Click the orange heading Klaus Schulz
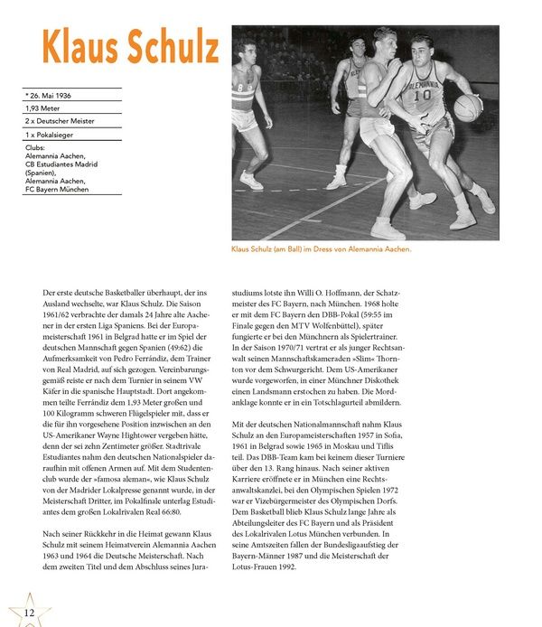click(x=130, y=46)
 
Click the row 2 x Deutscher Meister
click(x=60, y=121)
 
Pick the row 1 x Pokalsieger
click(x=51, y=135)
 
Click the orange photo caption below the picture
click(x=321, y=249)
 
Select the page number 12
click(x=29, y=614)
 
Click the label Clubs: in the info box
click(x=35, y=148)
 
